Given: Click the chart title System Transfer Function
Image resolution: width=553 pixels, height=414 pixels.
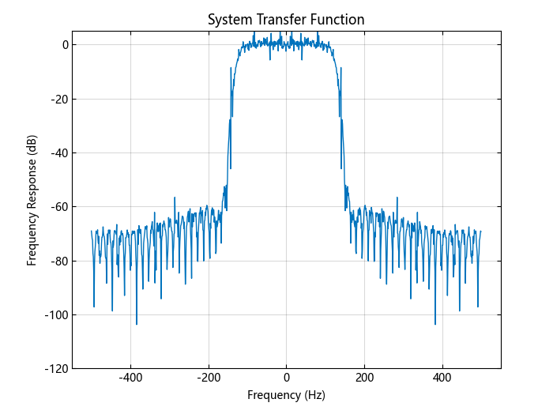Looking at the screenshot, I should [x=286, y=20].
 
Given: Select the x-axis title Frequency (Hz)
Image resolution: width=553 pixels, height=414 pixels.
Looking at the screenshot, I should [x=286, y=395].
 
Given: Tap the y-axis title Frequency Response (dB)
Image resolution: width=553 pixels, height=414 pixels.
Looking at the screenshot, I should [x=32, y=200].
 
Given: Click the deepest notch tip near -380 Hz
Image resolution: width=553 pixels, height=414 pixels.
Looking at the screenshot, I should [x=137, y=324].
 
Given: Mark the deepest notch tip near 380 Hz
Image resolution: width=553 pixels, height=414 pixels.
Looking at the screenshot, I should [x=434, y=324].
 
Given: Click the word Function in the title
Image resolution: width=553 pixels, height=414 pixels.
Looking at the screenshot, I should [x=339, y=20].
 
